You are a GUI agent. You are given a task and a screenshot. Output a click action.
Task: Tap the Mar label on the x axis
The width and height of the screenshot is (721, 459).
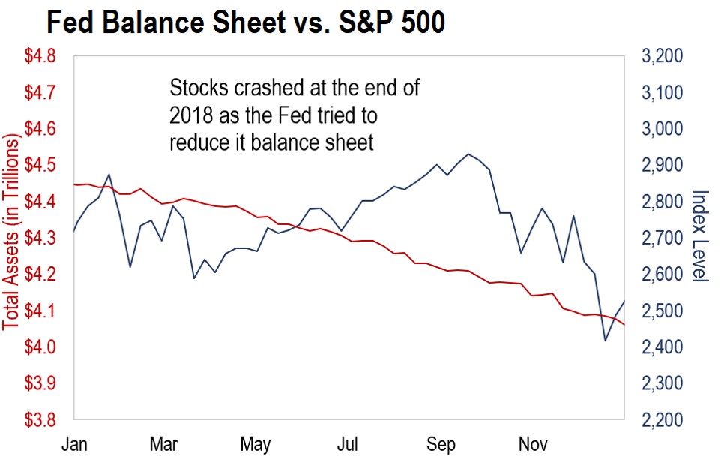tap(163, 444)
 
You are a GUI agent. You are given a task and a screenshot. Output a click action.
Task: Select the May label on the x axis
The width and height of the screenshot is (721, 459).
tap(256, 444)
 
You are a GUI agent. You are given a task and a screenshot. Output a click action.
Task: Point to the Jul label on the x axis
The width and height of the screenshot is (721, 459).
tap(347, 444)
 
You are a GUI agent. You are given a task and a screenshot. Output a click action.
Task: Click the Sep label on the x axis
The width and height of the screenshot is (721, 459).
tap(441, 444)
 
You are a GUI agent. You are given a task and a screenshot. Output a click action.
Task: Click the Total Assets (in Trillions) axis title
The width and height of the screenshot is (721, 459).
tap(11, 232)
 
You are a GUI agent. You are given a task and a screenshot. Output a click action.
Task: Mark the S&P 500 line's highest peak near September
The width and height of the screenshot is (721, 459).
tap(468, 154)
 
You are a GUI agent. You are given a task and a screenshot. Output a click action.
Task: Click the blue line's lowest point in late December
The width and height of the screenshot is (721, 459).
tap(606, 340)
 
